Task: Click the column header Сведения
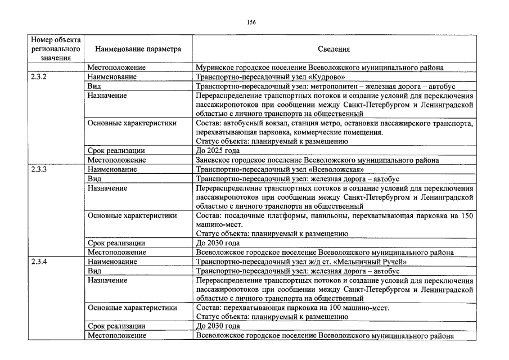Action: (334, 49)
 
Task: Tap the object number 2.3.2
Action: (39, 77)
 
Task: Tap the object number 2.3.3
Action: (39, 169)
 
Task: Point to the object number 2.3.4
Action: (39, 262)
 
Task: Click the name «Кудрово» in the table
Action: (326, 77)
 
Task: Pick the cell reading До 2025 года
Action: (218, 151)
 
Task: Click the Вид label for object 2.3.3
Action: (94, 178)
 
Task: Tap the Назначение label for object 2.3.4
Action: (107, 280)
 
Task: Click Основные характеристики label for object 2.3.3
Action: (132, 215)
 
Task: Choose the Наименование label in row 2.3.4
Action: (112, 262)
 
